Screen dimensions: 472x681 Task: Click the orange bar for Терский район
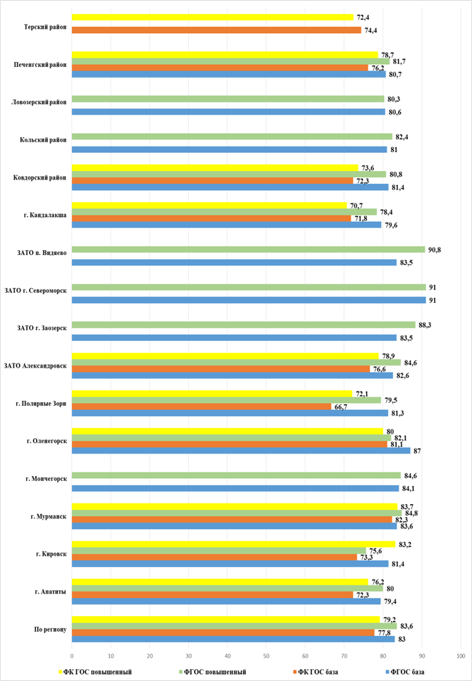(x=216, y=30)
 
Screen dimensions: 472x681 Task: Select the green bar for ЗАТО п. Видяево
(x=248, y=250)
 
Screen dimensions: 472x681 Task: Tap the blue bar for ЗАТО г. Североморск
(x=249, y=300)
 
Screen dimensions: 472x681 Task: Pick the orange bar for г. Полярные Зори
(x=201, y=406)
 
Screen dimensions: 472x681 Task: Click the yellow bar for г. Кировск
(x=233, y=544)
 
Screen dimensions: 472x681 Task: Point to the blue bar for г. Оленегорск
(x=241, y=451)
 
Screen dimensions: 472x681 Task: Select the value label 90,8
(x=435, y=250)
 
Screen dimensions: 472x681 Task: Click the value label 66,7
(x=340, y=406)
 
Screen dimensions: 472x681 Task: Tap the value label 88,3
(x=425, y=325)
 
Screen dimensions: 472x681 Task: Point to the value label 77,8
(x=384, y=633)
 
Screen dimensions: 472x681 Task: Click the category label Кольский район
(x=43, y=140)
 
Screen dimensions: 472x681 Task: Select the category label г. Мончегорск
(x=46, y=479)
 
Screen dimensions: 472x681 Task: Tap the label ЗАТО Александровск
(x=36, y=366)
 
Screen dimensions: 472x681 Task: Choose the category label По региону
(x=51, y=630)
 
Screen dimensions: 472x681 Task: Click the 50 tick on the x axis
(x=266, y=656)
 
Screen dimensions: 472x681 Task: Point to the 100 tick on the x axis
(x=461, y=656)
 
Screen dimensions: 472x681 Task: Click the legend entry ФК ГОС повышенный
(x=95, y=672)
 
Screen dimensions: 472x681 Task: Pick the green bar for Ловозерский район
(x=228, y=99)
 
